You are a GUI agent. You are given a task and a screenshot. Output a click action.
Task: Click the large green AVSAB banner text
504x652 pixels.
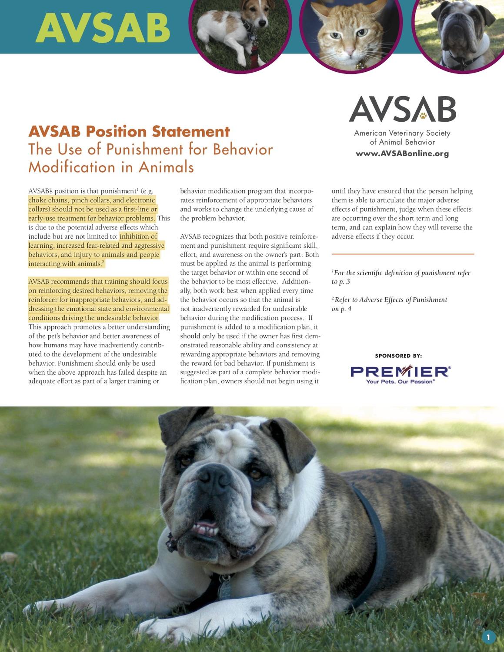[x=103, y=27]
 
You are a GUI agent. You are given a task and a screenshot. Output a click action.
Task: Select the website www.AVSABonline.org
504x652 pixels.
[x=402, y=153]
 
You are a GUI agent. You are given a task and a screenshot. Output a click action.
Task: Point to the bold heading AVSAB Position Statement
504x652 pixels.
[x=129, y=131]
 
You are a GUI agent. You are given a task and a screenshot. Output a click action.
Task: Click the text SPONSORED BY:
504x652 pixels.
[x=398, y=356]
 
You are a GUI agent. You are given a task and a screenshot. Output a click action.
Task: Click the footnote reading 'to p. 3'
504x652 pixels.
[x=341, y=282]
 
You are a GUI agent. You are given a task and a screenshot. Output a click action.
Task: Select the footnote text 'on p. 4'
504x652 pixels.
[x=341, y=309]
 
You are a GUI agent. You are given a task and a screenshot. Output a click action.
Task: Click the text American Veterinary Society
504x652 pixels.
[x=402, y=133]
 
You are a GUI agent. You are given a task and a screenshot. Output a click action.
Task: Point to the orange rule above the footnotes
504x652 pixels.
[x=403, y=254]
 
